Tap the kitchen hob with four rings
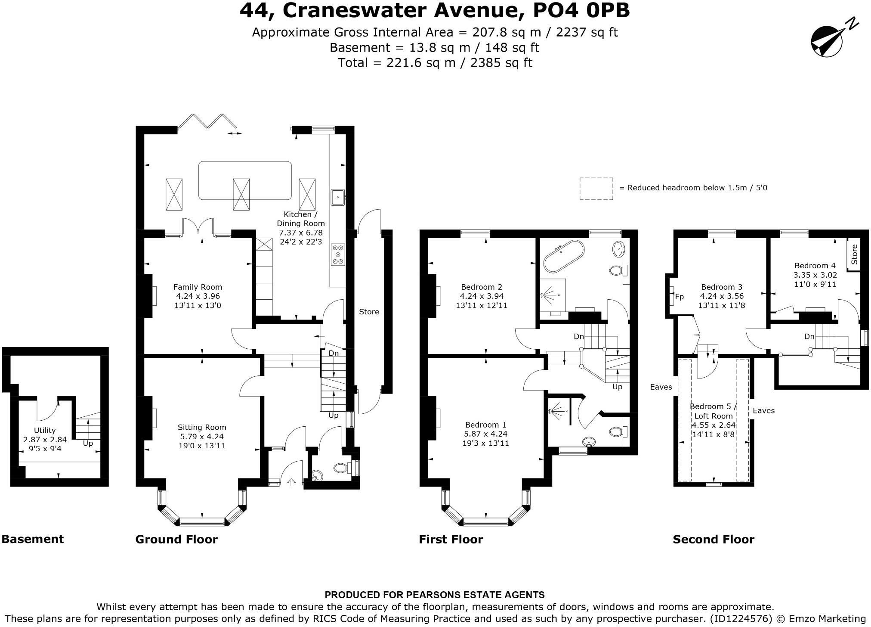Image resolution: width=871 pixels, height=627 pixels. [x=338, y=255]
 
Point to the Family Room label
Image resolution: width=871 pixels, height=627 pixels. [x=198, y=287]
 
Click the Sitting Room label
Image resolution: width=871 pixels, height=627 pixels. [x=202, y=427]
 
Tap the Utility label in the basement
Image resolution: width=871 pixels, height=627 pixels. [x=45, y=430]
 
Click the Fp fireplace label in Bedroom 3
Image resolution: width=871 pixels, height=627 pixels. [x=679, y=297]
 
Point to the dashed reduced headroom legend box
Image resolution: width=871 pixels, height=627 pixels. [x=596, y=189]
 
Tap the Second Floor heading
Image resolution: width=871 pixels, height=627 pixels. [x=713, y=539]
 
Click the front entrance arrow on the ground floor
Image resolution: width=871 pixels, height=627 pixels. [x=291, y=482]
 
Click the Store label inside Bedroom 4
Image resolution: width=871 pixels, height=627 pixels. [x=854, y=255]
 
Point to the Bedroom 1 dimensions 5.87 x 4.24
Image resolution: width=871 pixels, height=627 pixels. [x=486, y=434]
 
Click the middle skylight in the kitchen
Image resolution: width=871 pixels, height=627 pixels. [x=241, y=195]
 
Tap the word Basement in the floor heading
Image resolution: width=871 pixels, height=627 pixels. [x=33, y=539]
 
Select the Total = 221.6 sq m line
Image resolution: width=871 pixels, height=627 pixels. [x=435, y=63]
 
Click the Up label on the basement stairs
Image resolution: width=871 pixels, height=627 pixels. [x=88, y=443]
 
